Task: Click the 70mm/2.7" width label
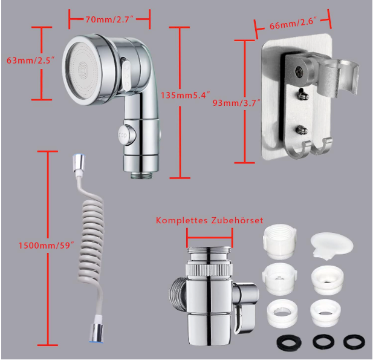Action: click(x=109, y=19)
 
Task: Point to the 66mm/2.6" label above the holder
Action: click(x=293, y=25)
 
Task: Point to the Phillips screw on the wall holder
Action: click(x=299, y=72)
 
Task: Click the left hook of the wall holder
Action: click(x=308, y=145)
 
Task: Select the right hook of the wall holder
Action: click(x=326, y=145)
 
